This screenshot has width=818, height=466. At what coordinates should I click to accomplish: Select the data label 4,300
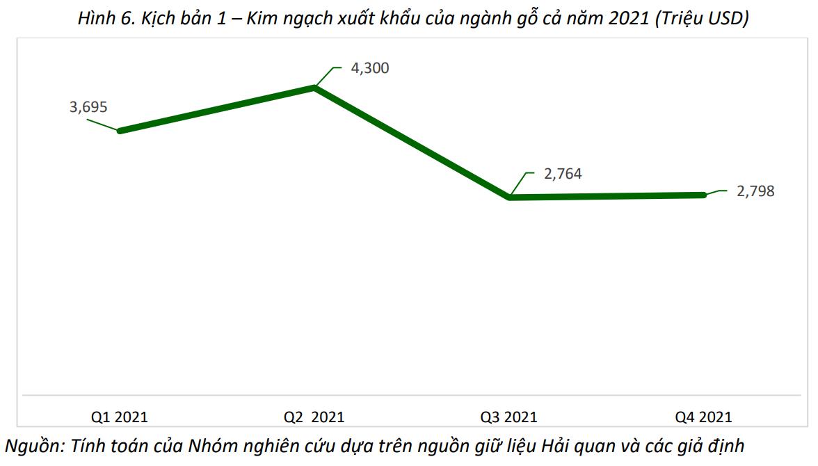(x=371, y=68)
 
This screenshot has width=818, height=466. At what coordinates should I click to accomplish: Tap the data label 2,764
(x=563, y=174)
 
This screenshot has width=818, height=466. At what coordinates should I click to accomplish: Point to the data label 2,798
(x=755, y=191)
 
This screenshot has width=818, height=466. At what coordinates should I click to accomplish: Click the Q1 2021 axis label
(x=120, y=417)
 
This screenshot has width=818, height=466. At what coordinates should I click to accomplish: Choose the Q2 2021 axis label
(x=314, y=417)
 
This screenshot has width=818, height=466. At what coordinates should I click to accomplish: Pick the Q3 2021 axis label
(x=508, y=417)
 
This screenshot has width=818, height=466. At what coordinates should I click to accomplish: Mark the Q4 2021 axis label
(x=703, y=417)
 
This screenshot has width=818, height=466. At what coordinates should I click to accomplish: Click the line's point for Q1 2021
(x=120, y=131)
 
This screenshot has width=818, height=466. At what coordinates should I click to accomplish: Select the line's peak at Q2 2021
(x=315, y=88)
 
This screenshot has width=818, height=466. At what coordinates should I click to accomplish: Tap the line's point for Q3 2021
(x=510, y=198)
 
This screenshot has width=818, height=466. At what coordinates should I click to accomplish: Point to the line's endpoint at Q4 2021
(x=704, y=195)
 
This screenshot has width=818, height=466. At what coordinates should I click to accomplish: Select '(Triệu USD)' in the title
(x=701, y=19)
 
